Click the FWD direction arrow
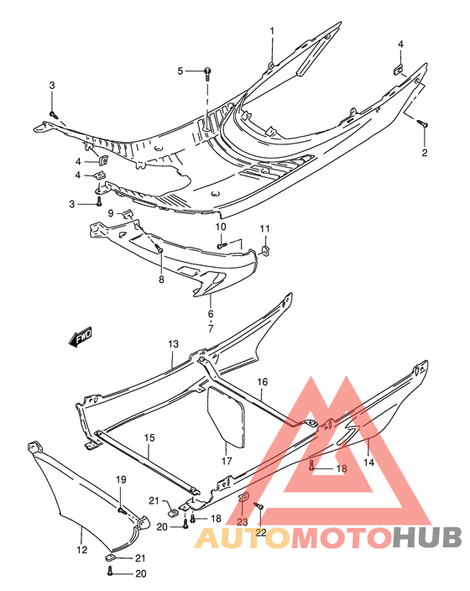[81, 336]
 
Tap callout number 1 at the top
[272, 31]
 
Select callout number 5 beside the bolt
[180, 71]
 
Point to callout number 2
[425, 153]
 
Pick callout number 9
[111, 213]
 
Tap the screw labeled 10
[222, 246]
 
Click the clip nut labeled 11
[265, 250]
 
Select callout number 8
[161, 280]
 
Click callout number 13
[174, 343]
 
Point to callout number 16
[263, 382]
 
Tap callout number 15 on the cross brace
[149, 437]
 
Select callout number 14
[368, 462]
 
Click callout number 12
[81, 550]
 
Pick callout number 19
[121, 479]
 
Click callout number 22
[261, 532]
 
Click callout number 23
[243, 521]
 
